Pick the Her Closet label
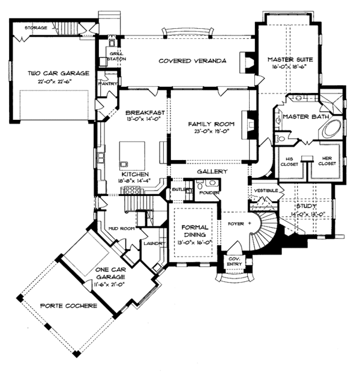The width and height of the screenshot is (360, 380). [x=326, y=159]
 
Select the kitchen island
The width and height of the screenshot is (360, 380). [x=131, y=153]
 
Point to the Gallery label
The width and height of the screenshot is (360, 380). [x=211, y=171]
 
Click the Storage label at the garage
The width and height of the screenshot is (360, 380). [x=35, y=28]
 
